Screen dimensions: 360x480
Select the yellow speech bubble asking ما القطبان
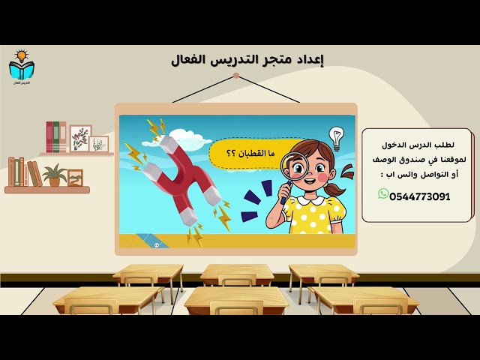click(x=247, y=153)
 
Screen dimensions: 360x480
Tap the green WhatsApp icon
click(x=383, y=194)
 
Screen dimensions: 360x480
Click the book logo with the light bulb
click(x=22, y=66)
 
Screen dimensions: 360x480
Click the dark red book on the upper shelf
click(x=49, y=137)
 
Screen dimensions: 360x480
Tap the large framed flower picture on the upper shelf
click(x=80, y=139)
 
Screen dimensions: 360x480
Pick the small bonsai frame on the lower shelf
click(x=75, y=178)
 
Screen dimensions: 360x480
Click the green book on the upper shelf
click(x=63, y=137)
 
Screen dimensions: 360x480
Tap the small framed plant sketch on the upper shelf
click(x=99, y=144)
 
